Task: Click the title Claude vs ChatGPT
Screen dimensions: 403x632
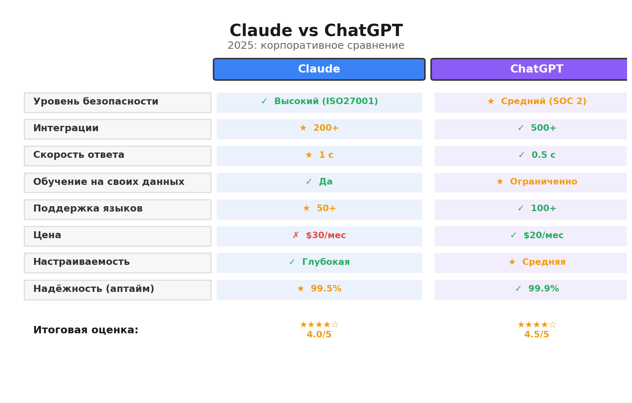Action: [316, 31]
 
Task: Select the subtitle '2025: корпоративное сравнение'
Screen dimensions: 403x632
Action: [316, 46]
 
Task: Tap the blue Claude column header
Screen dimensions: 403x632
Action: [319, 69]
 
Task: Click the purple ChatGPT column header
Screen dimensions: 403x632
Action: [536, 69]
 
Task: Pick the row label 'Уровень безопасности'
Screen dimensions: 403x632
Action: [95, 102]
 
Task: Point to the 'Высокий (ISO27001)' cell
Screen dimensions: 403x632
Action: [319, 102]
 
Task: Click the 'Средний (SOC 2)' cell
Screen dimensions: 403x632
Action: [537, 102]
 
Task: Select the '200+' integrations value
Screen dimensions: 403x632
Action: [319, 129]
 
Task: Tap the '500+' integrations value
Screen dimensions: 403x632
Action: [537, 129]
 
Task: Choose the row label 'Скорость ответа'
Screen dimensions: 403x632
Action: [79, 155]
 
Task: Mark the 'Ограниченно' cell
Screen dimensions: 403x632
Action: [537, 182]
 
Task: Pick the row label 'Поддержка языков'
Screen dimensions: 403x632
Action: [88, 209]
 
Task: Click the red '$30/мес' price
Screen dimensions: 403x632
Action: [319, 236]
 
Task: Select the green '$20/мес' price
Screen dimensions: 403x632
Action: [537, 236]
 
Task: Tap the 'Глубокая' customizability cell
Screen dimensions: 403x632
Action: [319, 263]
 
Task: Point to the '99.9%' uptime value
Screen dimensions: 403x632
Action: [537, 289]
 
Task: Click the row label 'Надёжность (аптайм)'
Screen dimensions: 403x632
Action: [93, 289]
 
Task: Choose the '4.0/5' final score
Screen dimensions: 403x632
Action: [319, 335]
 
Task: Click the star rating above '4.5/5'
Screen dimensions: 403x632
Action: [537, 325]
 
